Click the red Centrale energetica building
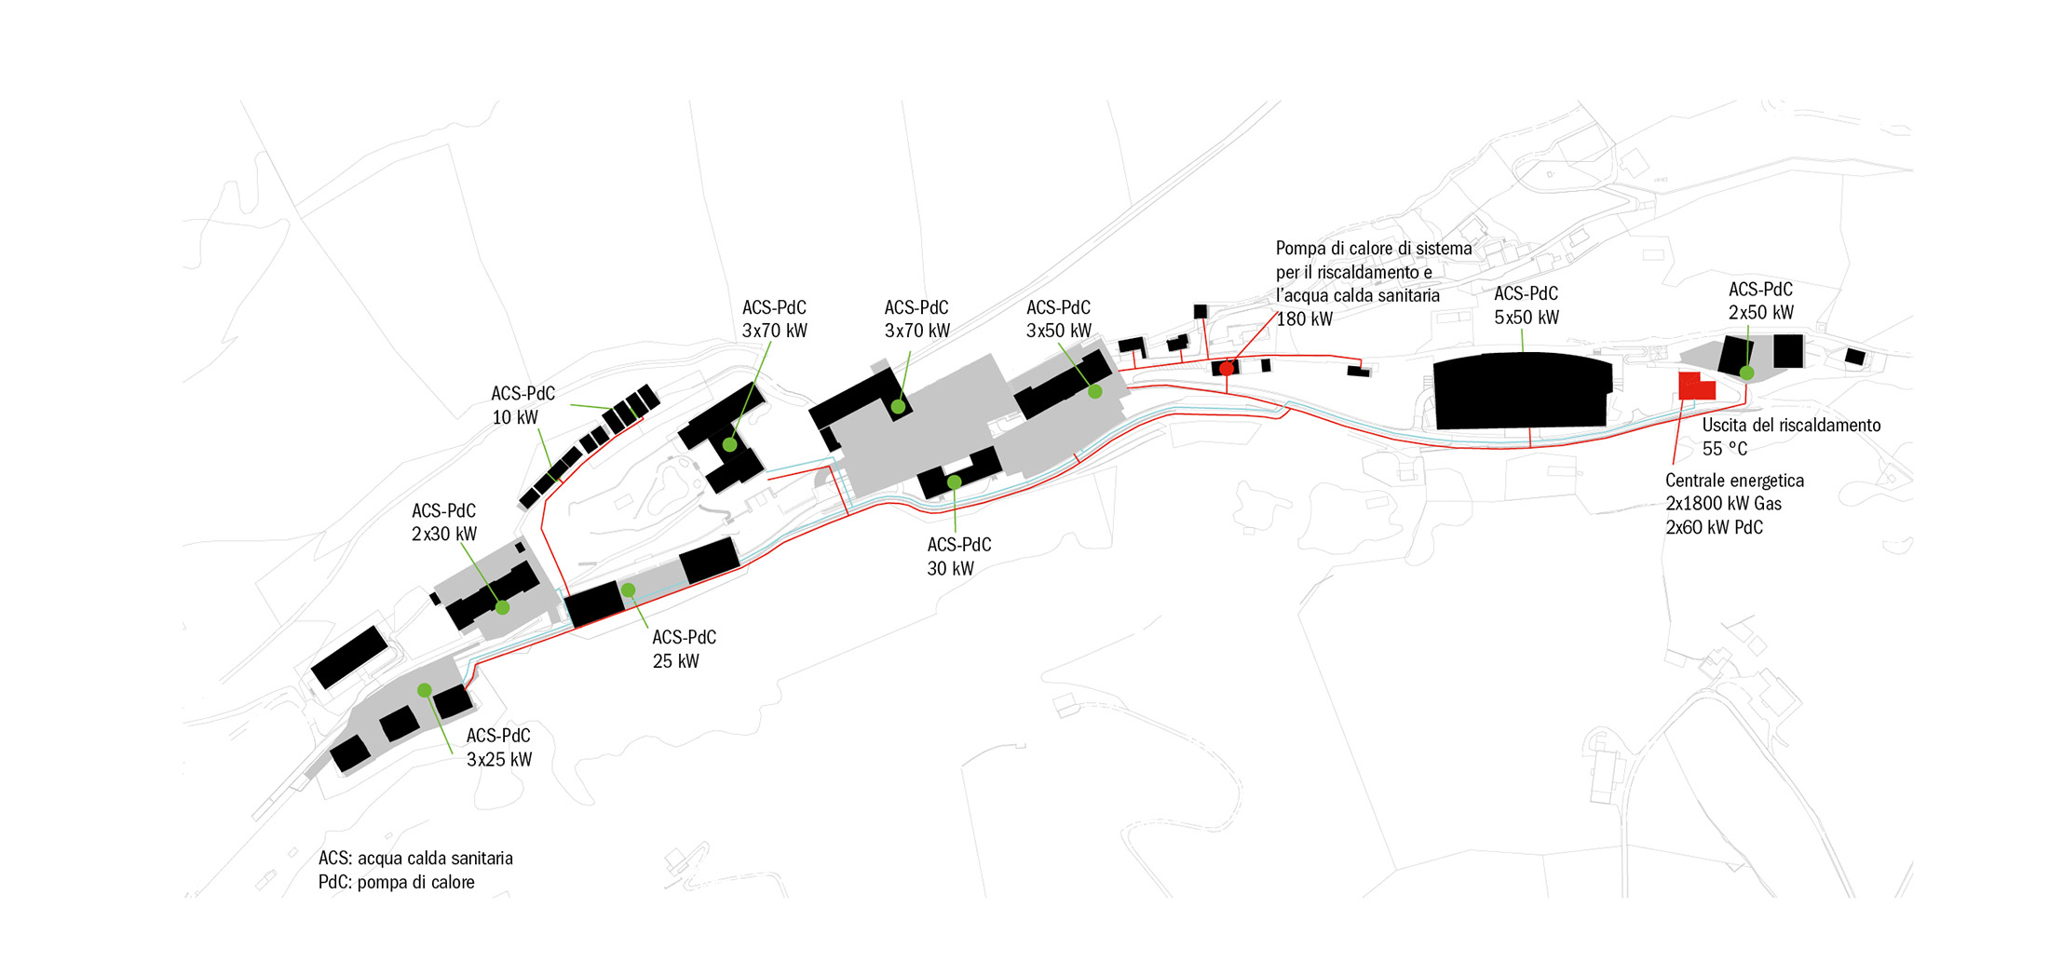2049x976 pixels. (x=1696, y=386)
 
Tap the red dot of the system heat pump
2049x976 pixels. (x=1227, y=369)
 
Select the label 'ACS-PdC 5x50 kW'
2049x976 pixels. (x=1526, y=305)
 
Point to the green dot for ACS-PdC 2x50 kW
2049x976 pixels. (x=1747, y=373)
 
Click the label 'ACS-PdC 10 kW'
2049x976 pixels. (x=522, y=405)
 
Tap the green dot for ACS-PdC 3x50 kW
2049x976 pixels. (x=1095, y=392)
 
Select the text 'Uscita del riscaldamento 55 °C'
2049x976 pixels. (x=1790, y=437)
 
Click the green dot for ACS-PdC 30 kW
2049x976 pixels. (x=954, y=482)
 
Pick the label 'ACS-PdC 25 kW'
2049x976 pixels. (x=684, y=649)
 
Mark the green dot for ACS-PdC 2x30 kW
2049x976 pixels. (x=502, y=607)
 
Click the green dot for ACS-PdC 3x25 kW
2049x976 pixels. (x=424, y=690)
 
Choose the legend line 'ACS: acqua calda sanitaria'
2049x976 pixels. (x=415, y=858)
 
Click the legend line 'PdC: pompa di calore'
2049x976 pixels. (x=396, y=882)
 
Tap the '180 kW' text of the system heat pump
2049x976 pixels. (x=1304, y=319)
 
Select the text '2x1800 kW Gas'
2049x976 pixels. (x=1723, y=504)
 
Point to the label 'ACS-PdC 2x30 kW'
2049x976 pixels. (x=443, y=522)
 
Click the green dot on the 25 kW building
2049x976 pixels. (x=628, y=590)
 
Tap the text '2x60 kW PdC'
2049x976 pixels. (x=1714, y=527)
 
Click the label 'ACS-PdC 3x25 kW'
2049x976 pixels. (x=498, y=747)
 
